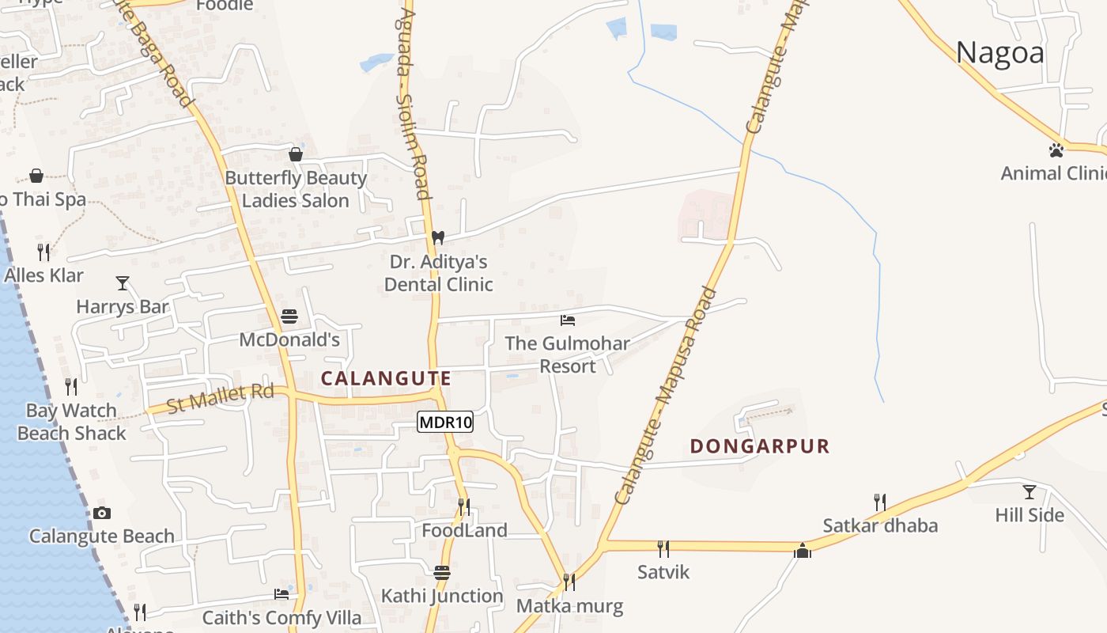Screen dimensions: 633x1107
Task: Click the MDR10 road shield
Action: pos(445,423)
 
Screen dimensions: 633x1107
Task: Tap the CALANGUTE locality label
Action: pos(386,378)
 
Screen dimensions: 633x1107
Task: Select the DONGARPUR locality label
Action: pos(760,446)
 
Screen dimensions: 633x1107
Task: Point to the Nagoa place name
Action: pos(999,53)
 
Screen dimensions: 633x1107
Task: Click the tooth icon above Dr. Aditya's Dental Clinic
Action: pos(437,237)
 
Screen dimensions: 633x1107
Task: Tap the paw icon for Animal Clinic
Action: pos(1056,150)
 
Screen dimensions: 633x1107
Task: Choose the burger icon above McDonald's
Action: pos(289,317)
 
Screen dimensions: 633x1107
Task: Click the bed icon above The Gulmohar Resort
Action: pos(567,320)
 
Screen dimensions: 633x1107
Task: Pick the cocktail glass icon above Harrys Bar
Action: pos(123,282)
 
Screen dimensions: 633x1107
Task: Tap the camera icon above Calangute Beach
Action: pos(102,513)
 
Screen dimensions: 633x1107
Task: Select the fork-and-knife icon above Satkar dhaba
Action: pos(879,502)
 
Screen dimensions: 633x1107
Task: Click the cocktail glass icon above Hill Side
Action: pos(1029,492)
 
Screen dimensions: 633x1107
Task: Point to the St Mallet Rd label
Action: pos(221,398)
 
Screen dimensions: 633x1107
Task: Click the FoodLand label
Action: pos(464,530)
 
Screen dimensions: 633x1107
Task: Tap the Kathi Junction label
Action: pos(442,596)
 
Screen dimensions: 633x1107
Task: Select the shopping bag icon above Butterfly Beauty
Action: pos(296,154)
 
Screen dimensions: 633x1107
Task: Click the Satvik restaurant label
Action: pos(663,572)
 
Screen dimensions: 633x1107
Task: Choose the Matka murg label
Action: pos(569,607)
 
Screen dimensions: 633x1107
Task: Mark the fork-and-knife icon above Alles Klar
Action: pos(43,252)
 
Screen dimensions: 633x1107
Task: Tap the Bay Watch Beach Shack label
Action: pos(71,422)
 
